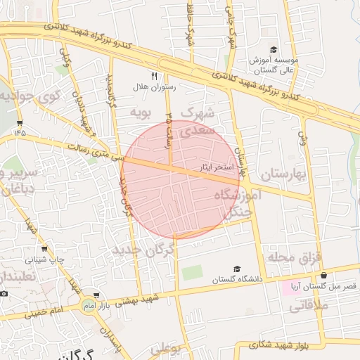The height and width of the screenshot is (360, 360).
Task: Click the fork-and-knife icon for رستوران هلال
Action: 155,76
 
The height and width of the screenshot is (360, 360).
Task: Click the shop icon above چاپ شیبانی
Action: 45,248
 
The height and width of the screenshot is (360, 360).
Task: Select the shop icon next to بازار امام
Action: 96,296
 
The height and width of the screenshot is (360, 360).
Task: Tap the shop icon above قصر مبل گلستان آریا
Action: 323,275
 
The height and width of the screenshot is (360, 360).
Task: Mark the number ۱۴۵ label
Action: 19,131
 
